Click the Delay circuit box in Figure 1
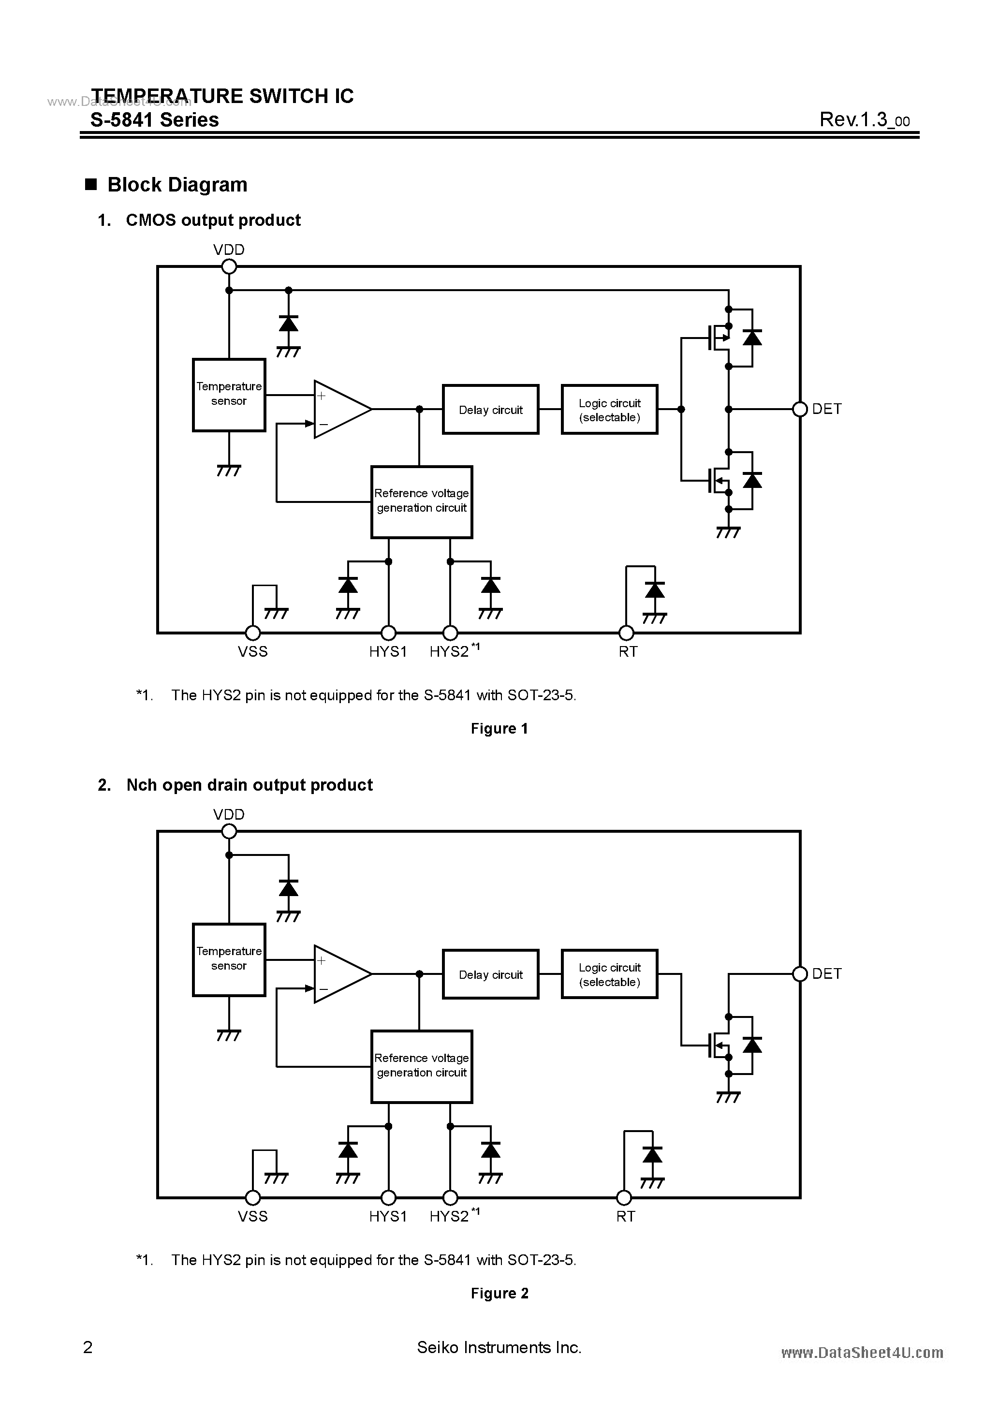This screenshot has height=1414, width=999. coord(490,410)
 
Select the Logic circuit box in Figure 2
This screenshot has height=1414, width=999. coord(609,974)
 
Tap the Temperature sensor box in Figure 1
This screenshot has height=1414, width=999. coord(229,394)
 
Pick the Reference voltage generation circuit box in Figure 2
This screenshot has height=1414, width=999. coord(421,1066)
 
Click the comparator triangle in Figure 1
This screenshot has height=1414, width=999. coord(339,409)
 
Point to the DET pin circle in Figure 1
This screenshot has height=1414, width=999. coord(799,409)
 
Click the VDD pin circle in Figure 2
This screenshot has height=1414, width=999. coord(229,831)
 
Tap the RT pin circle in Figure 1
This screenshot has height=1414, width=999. coord(626,633)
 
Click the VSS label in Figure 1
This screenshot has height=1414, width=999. coord(252,651)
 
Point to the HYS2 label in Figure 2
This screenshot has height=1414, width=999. coord(450,1216)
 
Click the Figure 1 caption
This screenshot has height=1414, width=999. coord(499,729)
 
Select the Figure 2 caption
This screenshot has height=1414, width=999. coord(499,1293)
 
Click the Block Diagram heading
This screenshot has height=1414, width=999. coord(177,185)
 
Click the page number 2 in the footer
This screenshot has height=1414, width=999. coord(88,1347)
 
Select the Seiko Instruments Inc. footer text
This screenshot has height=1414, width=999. coord(499,1347)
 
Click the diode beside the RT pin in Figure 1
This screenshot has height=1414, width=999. coord(654,590)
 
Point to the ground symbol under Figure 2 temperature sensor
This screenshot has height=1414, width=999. coord(229,1035)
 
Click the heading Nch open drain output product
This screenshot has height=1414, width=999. coord(249,785)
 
